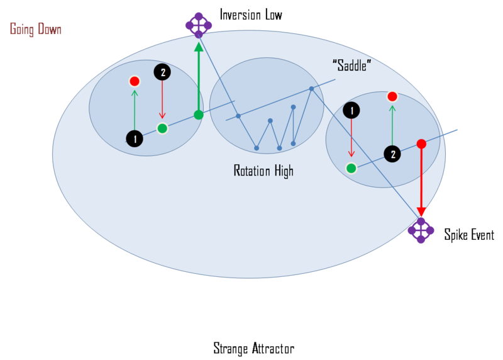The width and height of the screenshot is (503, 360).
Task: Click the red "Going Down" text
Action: [35, 30]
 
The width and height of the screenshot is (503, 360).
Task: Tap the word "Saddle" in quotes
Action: [351, 65]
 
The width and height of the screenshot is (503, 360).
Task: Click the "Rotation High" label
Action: [263, 171]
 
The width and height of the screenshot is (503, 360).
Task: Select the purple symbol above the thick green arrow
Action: [198, 25]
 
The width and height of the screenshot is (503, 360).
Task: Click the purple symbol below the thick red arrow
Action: [421, 230]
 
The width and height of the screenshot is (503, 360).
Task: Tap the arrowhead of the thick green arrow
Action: [199, 47]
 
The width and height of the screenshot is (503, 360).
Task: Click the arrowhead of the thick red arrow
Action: [421, 213]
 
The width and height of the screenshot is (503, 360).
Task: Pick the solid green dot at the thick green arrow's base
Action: [198, 115]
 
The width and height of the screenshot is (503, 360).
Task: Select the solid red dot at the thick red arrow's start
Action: [421, 143]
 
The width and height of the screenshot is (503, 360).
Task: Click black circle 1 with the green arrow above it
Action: [135, 138]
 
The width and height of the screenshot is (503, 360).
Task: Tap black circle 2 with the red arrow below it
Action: [162, 72]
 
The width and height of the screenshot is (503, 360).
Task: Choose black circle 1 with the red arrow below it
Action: [351, 111]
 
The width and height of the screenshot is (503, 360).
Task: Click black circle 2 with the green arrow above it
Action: [392, 154]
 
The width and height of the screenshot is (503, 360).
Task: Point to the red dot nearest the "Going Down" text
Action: [135, 81]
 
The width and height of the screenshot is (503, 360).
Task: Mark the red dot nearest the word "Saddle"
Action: [392, 96]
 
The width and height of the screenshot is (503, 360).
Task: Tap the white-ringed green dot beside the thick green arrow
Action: [162, 128]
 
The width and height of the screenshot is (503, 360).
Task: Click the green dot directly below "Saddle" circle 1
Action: [351, 168]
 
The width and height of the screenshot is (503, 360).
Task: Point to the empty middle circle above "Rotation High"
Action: [258, 105]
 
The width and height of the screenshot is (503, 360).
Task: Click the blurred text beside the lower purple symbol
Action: [467, 235]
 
